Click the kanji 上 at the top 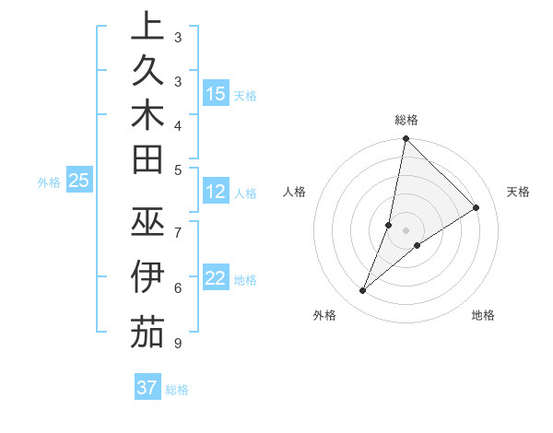(x=147, y=27)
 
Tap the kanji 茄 (x=147, y=331)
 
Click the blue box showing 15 (x=216, y=93)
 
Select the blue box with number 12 (x=216, y=193)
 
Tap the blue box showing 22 (x=216, y=277)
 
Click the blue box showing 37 (x=147, y=388)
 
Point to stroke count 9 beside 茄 (x=177, y=344)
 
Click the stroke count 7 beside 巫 (x=177, y=231)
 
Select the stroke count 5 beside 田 (x=177, y=170)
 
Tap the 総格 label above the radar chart (x=406, y=120)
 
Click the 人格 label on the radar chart (x=295, y=192)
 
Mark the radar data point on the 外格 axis (x=363, y=291)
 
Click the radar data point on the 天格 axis (x=477, y=207)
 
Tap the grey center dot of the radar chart (x=406, y=230)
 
